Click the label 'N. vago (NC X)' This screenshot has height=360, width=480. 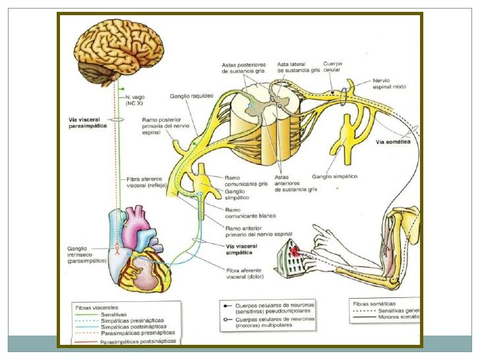pyautogui.click(x=135, y=101)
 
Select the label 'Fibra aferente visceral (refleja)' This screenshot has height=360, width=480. pyautogui.click(x=145, y=182)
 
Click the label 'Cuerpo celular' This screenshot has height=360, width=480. pyautogui.click(x=351, y=66)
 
